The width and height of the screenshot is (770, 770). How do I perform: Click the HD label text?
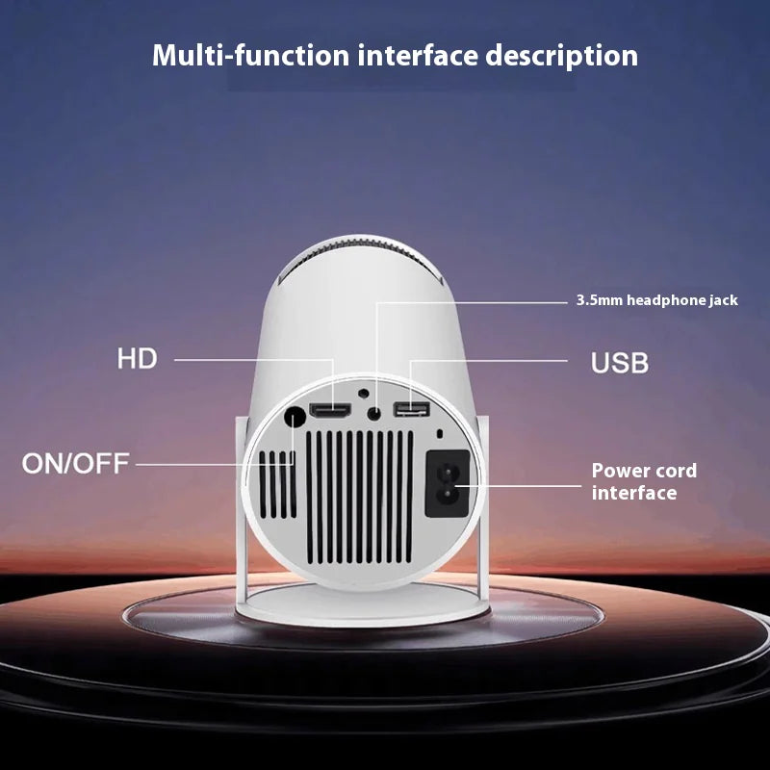pyautogui.click(x=137, y=358)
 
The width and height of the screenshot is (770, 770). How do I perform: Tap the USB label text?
pyautogui.click(x=619, y=363)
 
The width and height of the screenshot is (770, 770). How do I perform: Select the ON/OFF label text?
pyautogui.click(x=76, y=463)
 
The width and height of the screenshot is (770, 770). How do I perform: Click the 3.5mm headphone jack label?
pyautogui.click(x=656, y=300)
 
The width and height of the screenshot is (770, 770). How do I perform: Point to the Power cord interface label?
pyautogui.click(x=644, y=481)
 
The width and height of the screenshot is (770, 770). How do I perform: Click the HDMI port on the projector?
pyautogui.click(x=330, y=411)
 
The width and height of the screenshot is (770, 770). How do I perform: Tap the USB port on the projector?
pyautogui.click(x=412, y=408)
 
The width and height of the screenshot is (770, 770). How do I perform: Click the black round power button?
pyautogui.click(x=295, y=418)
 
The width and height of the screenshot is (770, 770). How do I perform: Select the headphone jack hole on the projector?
pyautogui.click(x=374, y=413)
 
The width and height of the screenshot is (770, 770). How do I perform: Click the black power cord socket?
pyautogui.click(x=448, y=483)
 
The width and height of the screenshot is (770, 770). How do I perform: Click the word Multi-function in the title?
pyautogui.click(x=250, y=55)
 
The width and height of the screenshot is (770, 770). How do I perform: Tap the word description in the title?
pyautogui.click(x=562, y=56)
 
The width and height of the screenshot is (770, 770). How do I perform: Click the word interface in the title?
pyautogui.click(x=418, y=55)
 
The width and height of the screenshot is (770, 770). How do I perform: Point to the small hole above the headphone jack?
pyautogui.click(x=364, y=393)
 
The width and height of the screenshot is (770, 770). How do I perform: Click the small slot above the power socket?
pyautogui.click(x=440, y=434)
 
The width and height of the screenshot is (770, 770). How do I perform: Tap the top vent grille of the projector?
pyautogui.click(x=360, y=259)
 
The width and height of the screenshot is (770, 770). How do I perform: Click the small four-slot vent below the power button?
pyautogui.click(x=277, y=484)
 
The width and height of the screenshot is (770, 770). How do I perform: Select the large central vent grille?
pyautogui.click(x=360, y=497)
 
